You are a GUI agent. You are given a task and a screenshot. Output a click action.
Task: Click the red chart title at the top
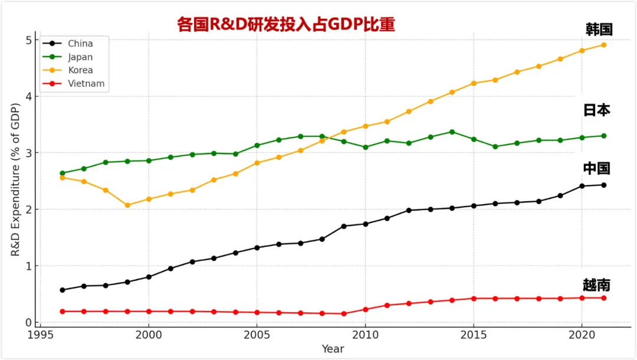pyautogui.click(x=286, y=24)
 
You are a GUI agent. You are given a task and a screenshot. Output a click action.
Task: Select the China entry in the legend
pyautogui.click(x=80, y=44)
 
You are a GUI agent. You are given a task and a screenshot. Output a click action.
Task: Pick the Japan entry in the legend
pyautogui.click(x=80, y=57)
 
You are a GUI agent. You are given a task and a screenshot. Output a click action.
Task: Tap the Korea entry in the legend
pyautogui.click(x=80, y=70)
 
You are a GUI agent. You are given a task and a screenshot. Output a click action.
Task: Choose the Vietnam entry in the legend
pyautogui.click(x=86, y=84)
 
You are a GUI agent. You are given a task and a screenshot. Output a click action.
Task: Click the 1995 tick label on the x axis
pyautogui.click(x=40, y=334)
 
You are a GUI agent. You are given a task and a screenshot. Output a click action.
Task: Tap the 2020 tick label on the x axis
pyautogui.click(x=582, y=334)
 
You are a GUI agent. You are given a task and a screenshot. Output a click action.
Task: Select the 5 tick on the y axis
pyautogui.click(x=28, y=40)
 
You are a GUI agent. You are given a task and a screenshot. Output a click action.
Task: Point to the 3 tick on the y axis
pyautogui.click(x=28, y=153)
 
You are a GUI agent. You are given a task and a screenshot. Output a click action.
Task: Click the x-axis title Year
pyautogui.click(x=333, y=349)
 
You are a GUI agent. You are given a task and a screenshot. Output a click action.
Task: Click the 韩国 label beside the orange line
pyautogui.click(x=599, y=30)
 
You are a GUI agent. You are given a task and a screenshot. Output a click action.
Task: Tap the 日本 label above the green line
pyautogui.click(x=596, y=110)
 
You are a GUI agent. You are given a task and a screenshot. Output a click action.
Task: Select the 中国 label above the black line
pyautogui.click(x=596, y=169)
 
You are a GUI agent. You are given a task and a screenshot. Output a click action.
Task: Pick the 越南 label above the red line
pyautogui.click(x=596, y=286)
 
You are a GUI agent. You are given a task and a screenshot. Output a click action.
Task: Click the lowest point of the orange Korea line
pyautogui.click(x=127, y=205)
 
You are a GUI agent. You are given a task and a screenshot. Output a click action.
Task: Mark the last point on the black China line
pyautogui.click(x=603, y=185)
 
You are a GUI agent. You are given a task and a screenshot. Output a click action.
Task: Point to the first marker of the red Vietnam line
pyautogui.click(x=63, y=311)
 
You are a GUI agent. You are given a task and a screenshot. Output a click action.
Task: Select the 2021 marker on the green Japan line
pyautogui.click(x=603, y=136)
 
